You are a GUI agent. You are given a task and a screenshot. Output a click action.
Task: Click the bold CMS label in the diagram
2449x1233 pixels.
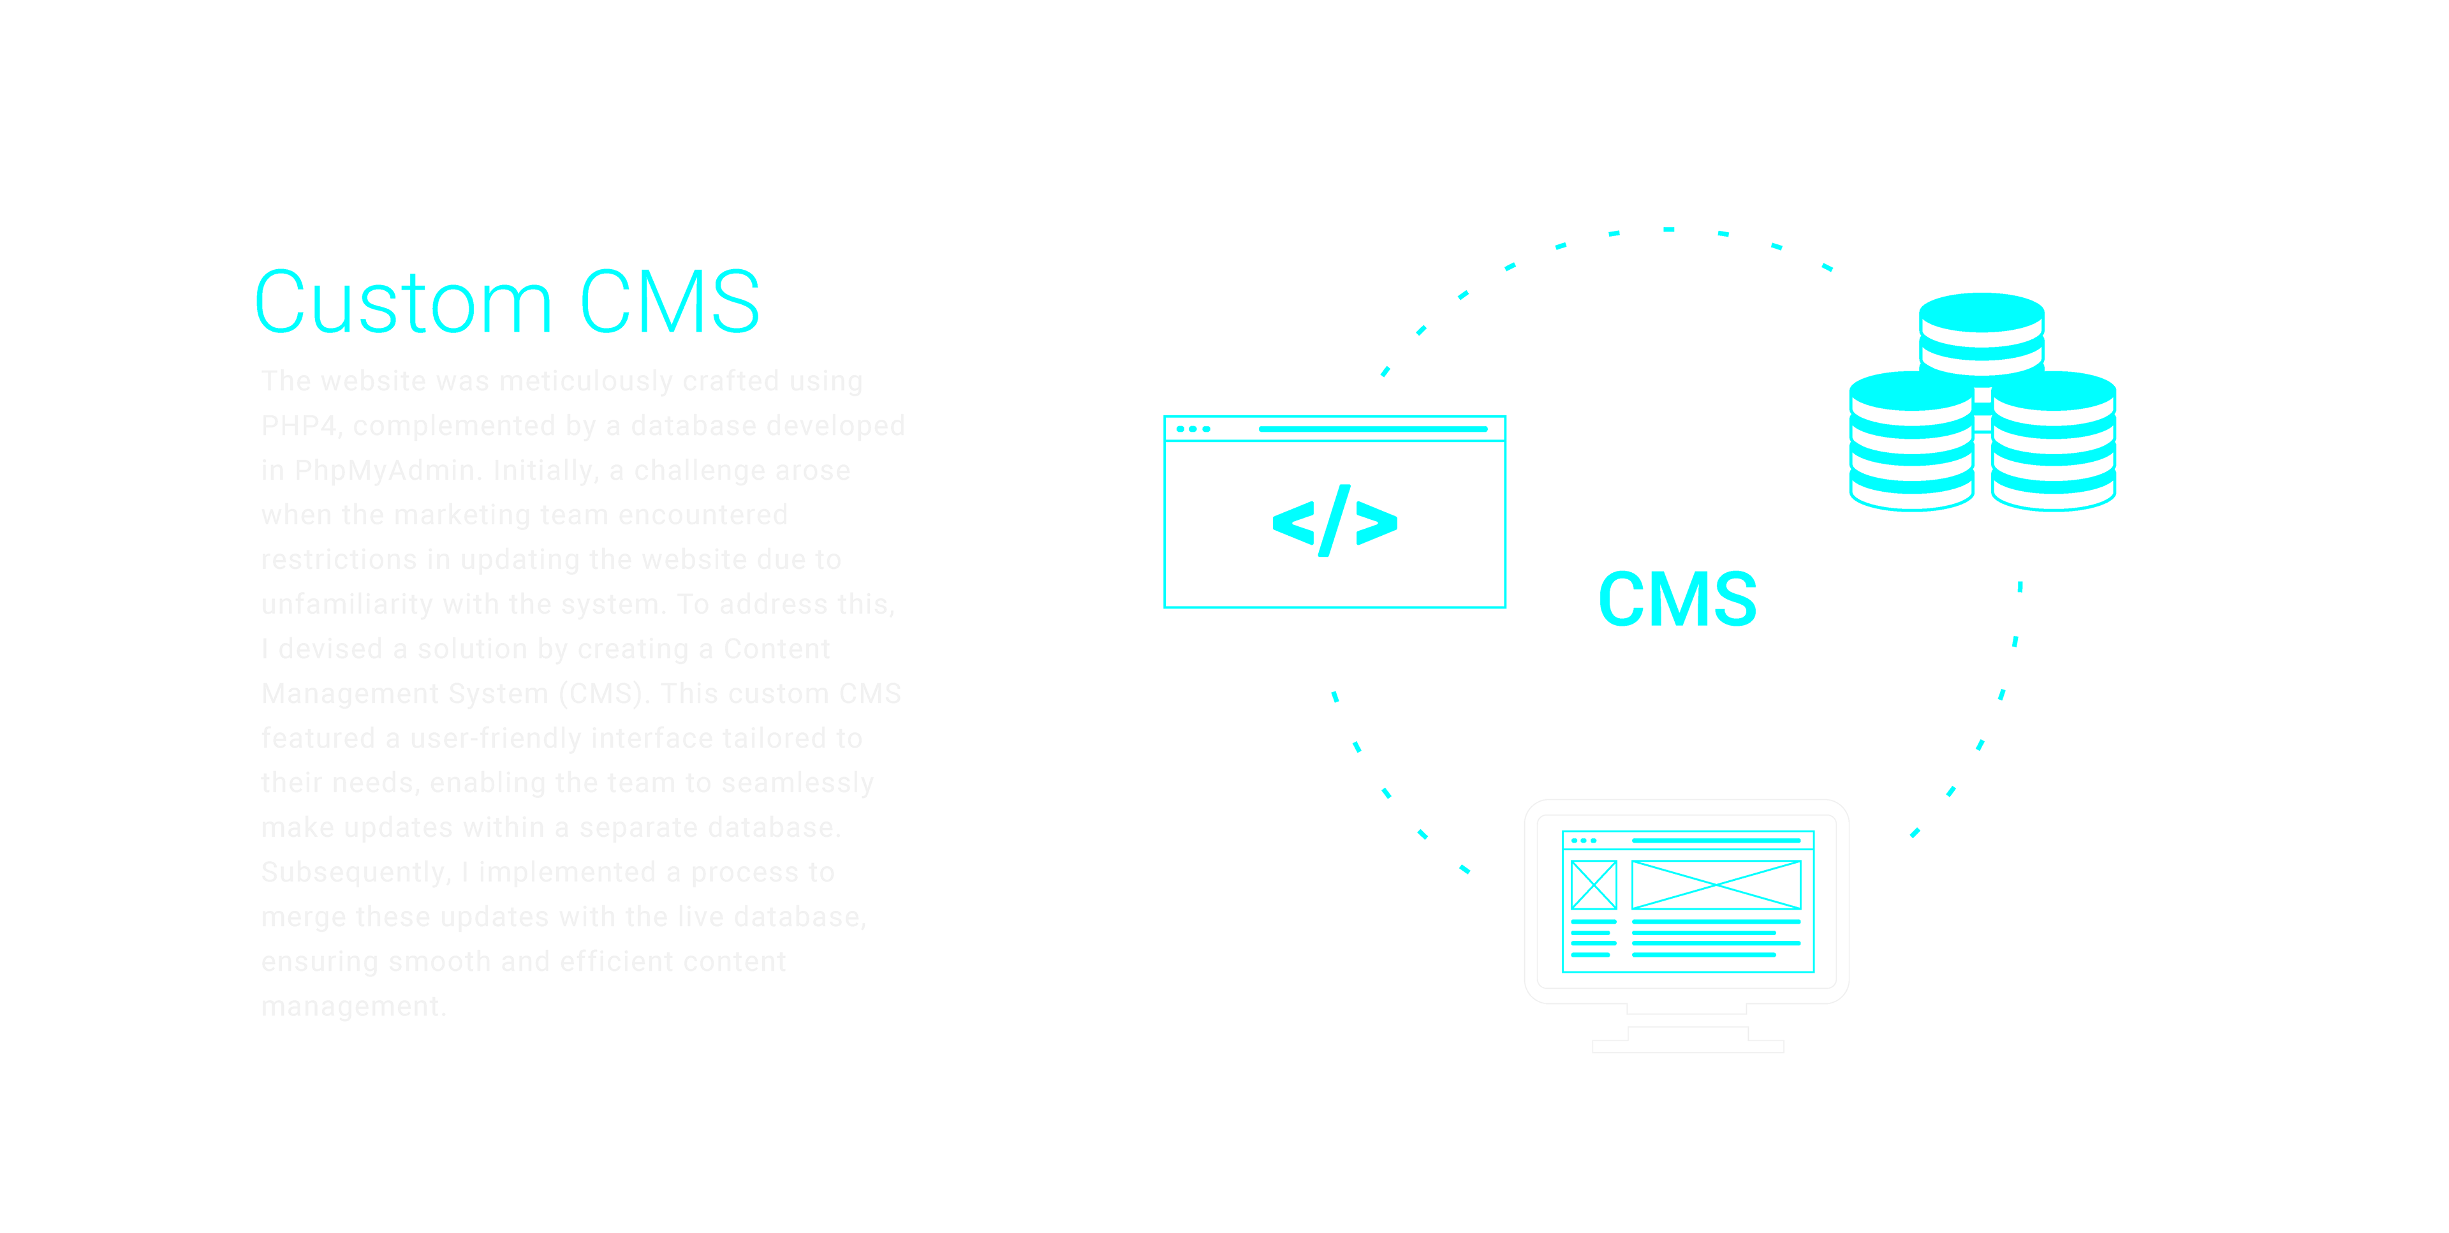1677,600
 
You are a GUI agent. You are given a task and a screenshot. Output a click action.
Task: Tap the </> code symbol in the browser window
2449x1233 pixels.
1335,521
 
